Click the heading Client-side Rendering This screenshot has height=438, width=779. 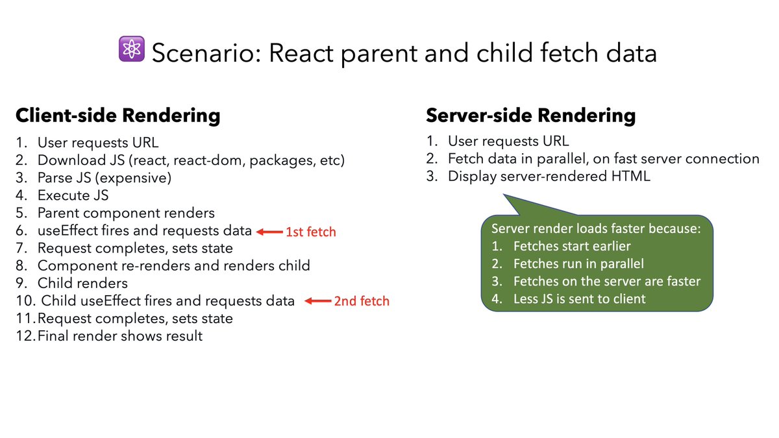(x=117, y=116)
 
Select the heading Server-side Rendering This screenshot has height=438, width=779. (x=530, y=116)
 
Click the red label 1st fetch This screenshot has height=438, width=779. (x=310, y=232)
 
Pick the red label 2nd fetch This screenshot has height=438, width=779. (x=361, y=301)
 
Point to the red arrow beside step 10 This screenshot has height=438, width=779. (x=317, y=301)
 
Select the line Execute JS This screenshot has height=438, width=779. (x=73, y=195)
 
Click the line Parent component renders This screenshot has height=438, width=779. (x=125, y=213)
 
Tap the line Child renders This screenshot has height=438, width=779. (x=82, y=284)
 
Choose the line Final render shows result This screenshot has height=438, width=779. (x=120, y=336)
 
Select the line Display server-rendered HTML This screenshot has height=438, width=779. (x=548, y=176)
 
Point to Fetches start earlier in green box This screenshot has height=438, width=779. (x=572, y=247)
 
